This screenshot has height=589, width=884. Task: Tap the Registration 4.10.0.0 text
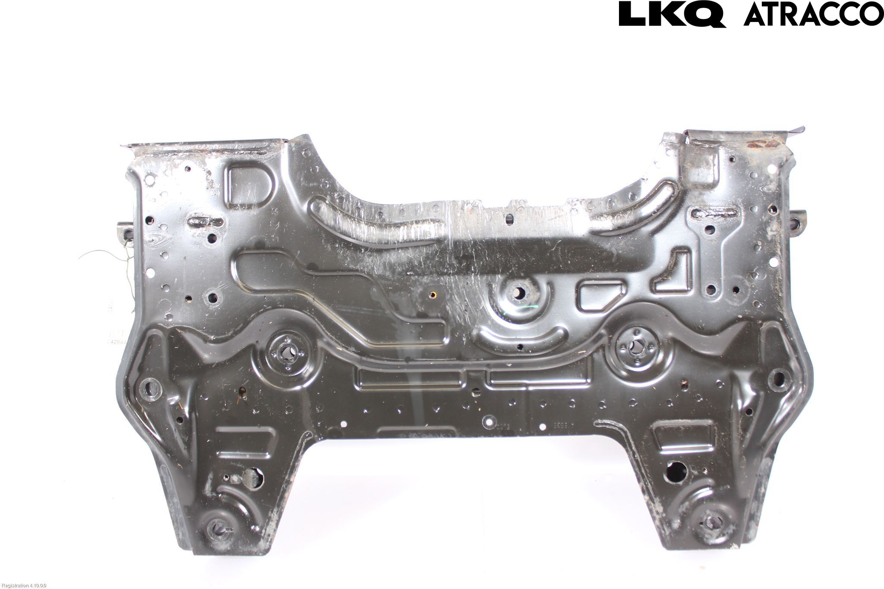coord(24,586)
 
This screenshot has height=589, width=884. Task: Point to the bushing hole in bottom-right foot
coord(713,523)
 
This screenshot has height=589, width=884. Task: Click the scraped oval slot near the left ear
coord(205,222)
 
